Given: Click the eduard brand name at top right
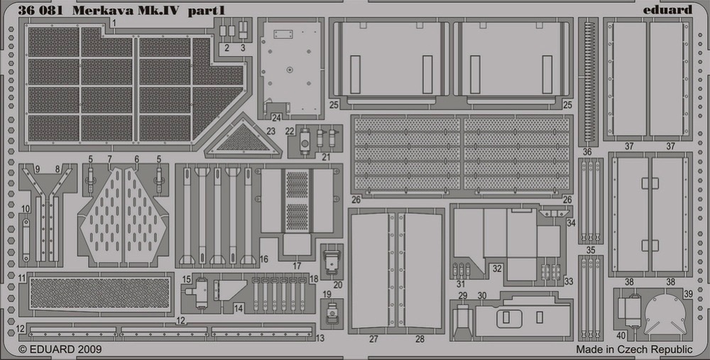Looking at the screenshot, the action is (x=667, y=9).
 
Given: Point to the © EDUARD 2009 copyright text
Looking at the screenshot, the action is (x=60, y=349).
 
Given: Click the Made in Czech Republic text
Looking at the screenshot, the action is (x=634, y=349).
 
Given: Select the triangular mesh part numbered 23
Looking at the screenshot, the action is (x=243, y=138).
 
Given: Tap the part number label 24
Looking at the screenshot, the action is (x=276, y=118).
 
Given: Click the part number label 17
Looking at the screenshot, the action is (x=297, y=266).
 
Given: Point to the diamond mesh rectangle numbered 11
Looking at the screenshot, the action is (x=100, y=293).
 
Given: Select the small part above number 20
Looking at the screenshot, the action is (x=332, y=261).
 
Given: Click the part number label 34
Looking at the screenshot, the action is (x=571, y=223).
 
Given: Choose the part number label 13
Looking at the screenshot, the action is (x=320, y=338).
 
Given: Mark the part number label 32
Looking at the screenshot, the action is (x=497, y=268).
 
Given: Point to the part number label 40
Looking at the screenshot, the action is (x=621, y=336).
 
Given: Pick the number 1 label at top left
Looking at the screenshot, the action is (x=114, y=22).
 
